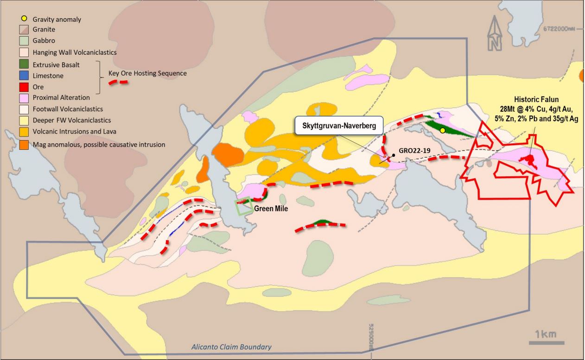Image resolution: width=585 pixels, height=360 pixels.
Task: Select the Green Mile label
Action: point(271,209)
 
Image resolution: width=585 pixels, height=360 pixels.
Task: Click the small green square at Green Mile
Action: point(244,206)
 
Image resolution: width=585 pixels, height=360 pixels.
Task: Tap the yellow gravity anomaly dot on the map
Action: point(443,131)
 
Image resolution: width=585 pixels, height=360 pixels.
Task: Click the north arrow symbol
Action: point(495,33)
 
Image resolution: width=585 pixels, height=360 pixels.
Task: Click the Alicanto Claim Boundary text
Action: point(232,347)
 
